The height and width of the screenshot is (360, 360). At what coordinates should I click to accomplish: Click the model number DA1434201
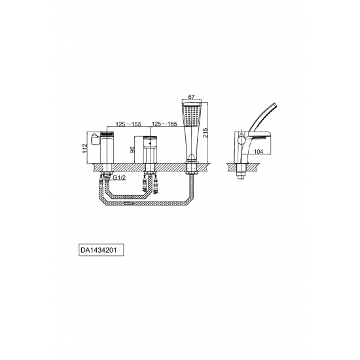coord(98,250)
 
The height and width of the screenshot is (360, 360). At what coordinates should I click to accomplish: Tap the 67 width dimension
coord(192,97)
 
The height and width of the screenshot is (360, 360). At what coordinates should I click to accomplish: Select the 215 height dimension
coord(205,133)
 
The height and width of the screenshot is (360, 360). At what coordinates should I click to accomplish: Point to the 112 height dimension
coord(85,149)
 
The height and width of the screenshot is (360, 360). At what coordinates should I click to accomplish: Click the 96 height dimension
coord(132,150)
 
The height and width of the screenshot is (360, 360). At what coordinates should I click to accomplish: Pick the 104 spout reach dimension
coord(259,152)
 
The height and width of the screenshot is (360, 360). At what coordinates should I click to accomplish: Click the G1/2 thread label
coord(119,177)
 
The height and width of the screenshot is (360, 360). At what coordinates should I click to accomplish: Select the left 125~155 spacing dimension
coord(128,124)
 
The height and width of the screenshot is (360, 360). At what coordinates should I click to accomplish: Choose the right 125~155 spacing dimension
coord(164,124)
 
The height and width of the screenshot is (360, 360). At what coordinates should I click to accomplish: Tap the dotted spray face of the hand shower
coord(192,116)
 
